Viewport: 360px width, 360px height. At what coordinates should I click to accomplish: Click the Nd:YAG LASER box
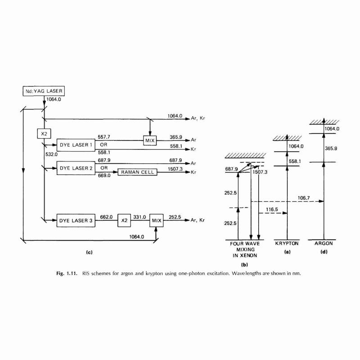pyautogui.click(x=44, y=91)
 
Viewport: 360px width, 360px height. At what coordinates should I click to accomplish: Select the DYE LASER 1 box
pyautogui.click(x=76, y=145)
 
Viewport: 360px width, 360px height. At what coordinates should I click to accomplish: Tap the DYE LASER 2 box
pyautogui.click(x=76, y=168)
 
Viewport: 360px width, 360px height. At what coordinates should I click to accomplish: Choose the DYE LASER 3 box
pyautogui.click(x=76, y=220)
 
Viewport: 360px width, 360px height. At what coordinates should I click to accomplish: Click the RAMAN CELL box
pyautogui.click(x=137, y=172)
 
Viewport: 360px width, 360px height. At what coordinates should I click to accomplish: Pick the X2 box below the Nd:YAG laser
pyautogui.click(x=44, y=133)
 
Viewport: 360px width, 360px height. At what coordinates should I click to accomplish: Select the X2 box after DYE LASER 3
pyautogui.click(x=124, y=220)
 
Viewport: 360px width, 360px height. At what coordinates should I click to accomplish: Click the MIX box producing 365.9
pyautogui.click(x=150, y=140)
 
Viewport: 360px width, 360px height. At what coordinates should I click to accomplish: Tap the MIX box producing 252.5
pyautogui.click(x=156, y=220)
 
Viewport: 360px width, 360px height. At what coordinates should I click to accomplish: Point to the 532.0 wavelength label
pyautogui.click(x=51, y=154)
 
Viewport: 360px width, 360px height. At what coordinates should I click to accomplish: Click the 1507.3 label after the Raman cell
pyautogui.click(x=175, y=169)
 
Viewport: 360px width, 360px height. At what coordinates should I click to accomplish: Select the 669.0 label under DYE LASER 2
pyautogui.click(x=104, y=175)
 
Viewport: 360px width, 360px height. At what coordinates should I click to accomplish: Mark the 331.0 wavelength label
pyautogui.click(x=139, y=217)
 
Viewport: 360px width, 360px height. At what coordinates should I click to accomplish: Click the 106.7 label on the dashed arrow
pyautogui.click(x=304, y=198)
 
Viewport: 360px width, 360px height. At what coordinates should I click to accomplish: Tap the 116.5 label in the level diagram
pyautogui.click(x=272, y=209)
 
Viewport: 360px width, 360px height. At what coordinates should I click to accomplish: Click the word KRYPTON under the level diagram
pyautogui.click(x=287, y=243)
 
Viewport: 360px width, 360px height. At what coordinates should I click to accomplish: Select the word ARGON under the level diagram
pyautogui.click(x=324, y=243)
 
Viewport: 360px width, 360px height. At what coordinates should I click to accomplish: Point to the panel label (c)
pyautogui.click(x=89, y=252)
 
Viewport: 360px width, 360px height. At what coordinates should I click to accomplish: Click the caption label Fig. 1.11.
pyautogui.click(x=67, y=274)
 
